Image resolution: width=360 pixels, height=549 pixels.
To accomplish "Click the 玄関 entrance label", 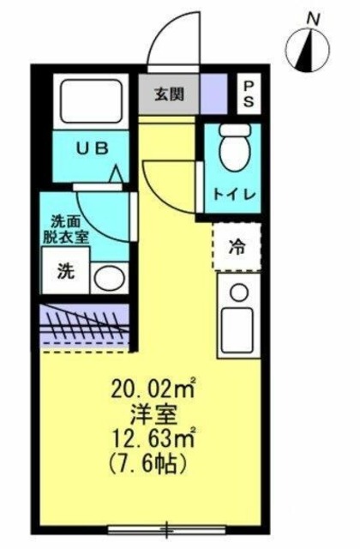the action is coord(169,94).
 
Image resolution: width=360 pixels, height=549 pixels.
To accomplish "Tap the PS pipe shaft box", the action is coord(249,94).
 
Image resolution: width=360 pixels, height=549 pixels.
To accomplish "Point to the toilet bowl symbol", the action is coord(236,147).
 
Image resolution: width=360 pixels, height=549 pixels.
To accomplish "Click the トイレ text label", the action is coord(235,195).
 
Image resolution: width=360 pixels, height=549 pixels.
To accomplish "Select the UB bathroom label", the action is coord(93,148).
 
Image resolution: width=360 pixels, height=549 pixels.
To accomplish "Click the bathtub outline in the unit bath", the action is coord(90,100).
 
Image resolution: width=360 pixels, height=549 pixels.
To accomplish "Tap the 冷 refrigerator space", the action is coord(237,247).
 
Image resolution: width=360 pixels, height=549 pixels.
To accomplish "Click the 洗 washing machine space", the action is coord(66,270).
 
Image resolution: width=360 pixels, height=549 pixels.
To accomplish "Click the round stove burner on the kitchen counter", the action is coord(239,292).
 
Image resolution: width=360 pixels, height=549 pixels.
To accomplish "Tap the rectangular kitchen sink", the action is coord(238,331).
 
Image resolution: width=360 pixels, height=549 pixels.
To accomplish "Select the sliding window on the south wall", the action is coord(166,528).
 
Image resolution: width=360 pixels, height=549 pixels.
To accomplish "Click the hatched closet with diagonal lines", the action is coord(85,325).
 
